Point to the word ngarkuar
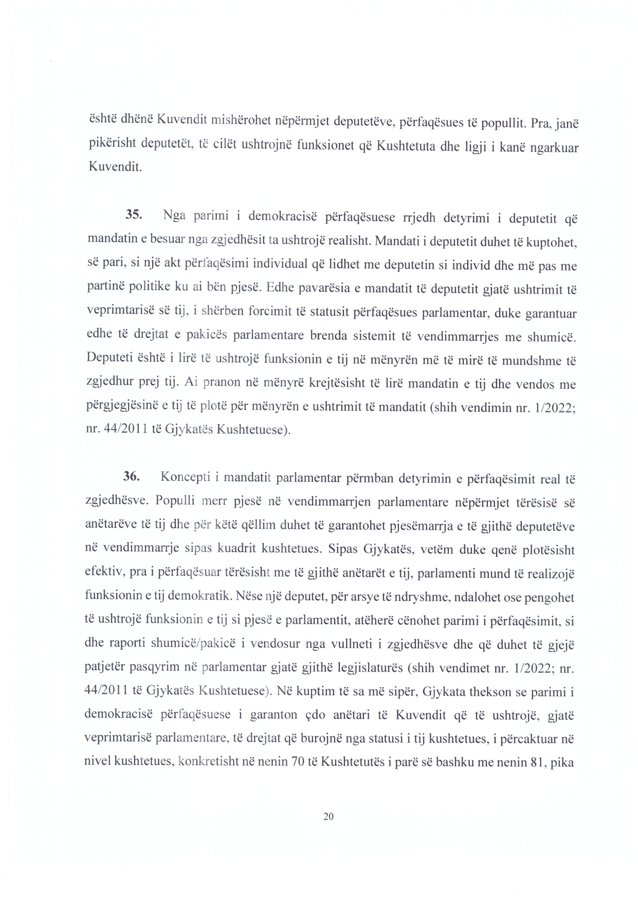click(550, 147)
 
